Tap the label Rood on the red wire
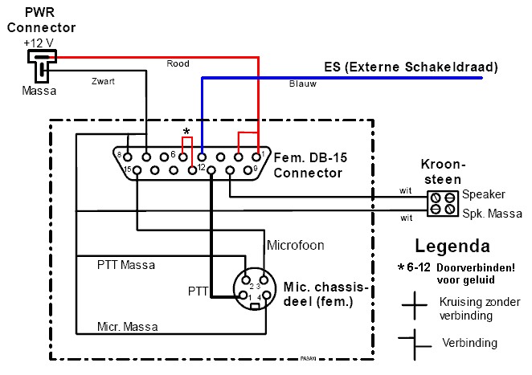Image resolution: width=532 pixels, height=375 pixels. click(177, 63)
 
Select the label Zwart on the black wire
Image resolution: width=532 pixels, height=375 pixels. click(103, 81)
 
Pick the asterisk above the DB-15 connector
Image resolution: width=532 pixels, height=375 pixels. click(187, 131)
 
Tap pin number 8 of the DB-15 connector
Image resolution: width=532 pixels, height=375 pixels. click(118, 154)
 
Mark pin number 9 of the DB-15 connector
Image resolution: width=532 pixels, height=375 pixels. click(255, 169)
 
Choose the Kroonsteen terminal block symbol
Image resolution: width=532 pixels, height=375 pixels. click(441, 202)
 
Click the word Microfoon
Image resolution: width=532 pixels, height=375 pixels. click(293, 243)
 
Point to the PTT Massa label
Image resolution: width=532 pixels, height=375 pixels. click(126, 264)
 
